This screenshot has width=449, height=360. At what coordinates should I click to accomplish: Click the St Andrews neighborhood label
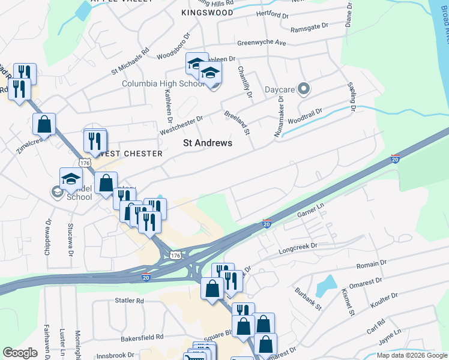click(207, 143)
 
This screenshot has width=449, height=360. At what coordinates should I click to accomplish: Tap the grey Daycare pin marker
click(304, 90)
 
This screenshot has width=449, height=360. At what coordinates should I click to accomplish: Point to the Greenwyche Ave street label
click(262, 43)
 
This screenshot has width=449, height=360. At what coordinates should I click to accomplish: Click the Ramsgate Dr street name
click(309, 27)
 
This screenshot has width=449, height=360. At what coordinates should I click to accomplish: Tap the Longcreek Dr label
click(297, 246)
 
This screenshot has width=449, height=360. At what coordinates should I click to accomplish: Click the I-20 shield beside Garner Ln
click(267, 224)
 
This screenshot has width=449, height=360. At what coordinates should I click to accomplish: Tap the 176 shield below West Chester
click(83, 163)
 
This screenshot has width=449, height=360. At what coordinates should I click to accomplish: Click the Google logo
click(20, 352)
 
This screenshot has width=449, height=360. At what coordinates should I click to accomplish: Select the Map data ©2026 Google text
click(411, 355)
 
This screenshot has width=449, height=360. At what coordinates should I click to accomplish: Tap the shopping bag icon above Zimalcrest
click(44, 124)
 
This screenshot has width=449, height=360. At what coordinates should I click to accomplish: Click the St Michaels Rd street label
click(129, 62)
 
